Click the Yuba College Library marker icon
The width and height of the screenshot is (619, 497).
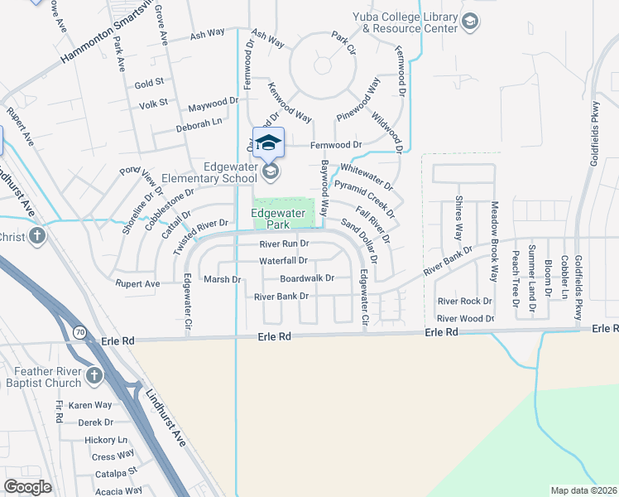(470, 21)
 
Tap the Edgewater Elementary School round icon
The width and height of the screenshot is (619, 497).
(269, 171)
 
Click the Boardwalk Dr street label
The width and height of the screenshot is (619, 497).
(306, 278)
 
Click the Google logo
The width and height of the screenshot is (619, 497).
(27, 487)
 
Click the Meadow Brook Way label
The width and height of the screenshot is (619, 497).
(495, 240)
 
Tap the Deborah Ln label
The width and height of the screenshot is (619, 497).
(199, 122)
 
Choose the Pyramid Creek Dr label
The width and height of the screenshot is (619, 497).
(365, 200)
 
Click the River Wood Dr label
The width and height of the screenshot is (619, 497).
(465, 318)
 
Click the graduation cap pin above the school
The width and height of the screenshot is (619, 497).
(268, 142)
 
